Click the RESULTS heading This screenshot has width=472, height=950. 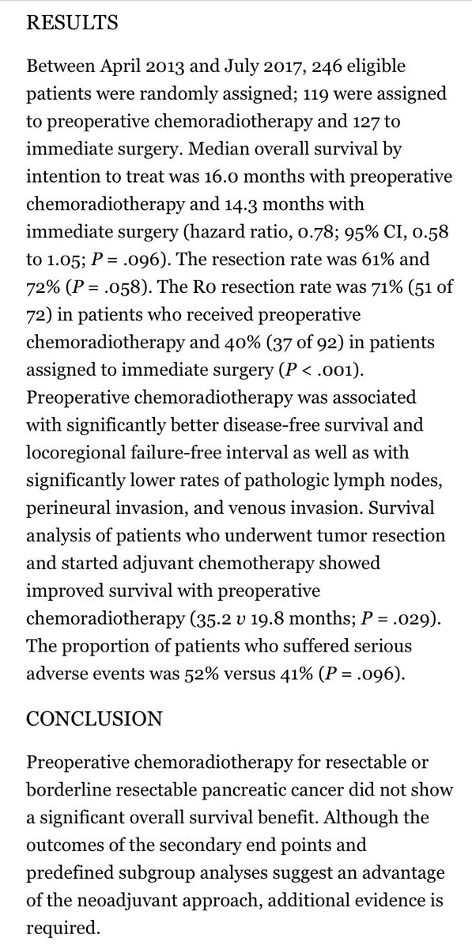click(73, 23)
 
